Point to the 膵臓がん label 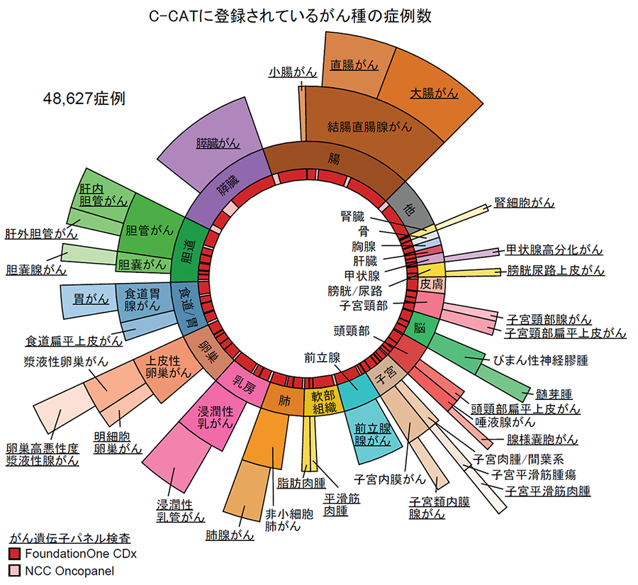click(x=218, y=143)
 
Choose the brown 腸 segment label click(x=334, y=158)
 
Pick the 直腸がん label click(x=354, y=65)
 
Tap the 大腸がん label click(x=434, y=93)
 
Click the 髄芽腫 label click(x=555, y=393)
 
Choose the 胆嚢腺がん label click(x=35, y=270)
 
